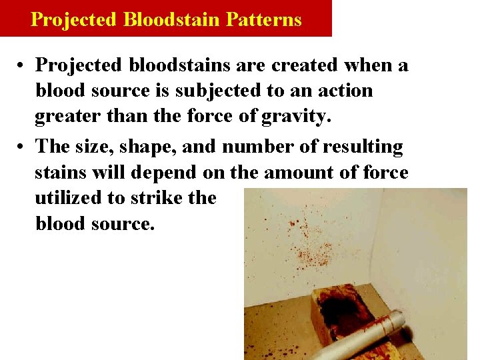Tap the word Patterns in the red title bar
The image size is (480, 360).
[x=263, y=19]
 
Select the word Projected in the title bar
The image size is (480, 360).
[x=74, y=19]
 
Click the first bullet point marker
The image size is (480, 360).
[x=23, y=65]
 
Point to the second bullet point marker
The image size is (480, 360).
[x=23, y=146]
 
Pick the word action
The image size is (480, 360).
[x=343, y=91]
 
